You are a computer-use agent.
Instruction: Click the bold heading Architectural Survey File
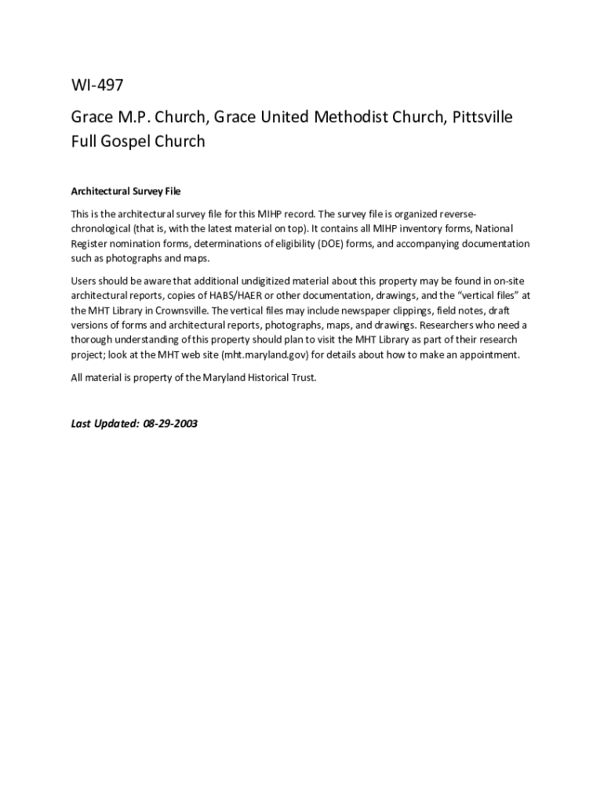tap(126, 191)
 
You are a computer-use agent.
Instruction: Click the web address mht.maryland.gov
tap(265, 355)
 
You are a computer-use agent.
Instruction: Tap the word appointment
tap(488, 355)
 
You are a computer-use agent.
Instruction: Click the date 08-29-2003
tap(170, 423)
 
